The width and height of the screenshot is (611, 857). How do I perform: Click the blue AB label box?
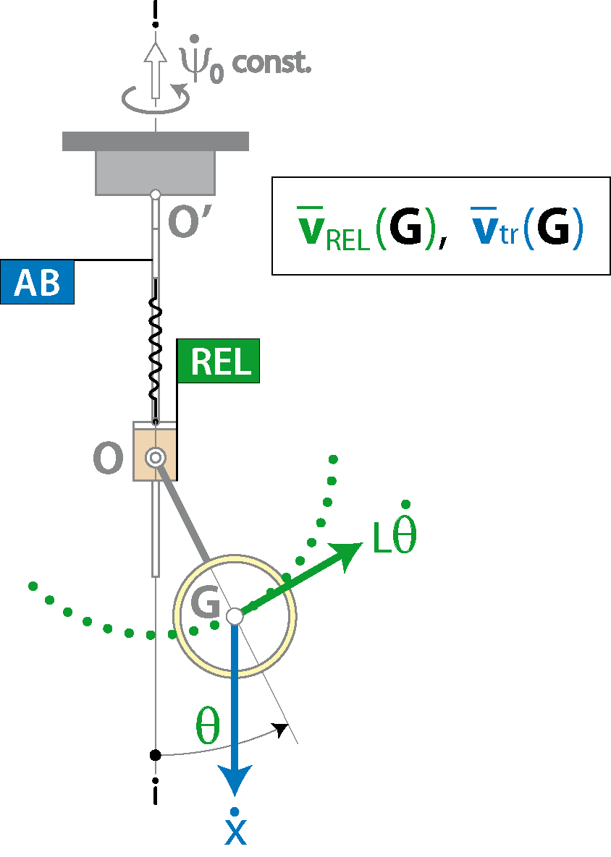coord(37,282)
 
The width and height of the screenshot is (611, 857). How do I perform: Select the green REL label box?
coord(218,361)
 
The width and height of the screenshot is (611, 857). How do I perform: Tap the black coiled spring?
coord(156,350)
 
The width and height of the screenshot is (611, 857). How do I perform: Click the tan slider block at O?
coord(156,451)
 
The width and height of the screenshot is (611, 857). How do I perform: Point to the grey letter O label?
coord(108,458)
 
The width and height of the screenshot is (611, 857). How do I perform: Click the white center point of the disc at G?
coord(235,616)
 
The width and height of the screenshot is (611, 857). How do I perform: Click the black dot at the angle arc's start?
coord(156,755)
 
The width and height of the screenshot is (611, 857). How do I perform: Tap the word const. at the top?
coord(271,64)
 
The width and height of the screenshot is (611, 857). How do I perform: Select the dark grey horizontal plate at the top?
coord(156,141)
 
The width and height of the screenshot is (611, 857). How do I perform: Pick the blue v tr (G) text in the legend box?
coord(527,226)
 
